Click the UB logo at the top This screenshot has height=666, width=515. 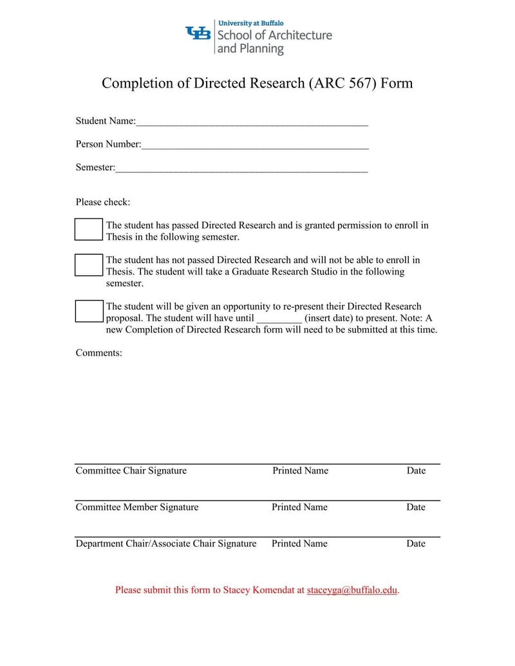coord(198,33)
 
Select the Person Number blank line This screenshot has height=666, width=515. coord(255,145)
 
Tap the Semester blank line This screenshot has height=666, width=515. coord(241,168)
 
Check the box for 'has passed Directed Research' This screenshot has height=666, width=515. coord(89,229)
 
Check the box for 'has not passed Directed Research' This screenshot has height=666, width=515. coord(89,264)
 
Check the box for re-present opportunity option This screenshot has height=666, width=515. coord(89,311)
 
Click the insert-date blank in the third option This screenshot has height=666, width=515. coord(279,319)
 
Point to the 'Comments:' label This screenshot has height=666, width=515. coord(99,353)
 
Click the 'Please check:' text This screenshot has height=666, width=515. coord(103,202)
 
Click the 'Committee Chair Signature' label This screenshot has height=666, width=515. coord(131,470)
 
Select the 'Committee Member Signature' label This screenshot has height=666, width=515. coord(137,507)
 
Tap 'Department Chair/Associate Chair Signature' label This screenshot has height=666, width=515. coord(166,544)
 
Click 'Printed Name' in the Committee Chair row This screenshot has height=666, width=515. coord(300,470)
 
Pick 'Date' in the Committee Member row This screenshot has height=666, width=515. coord(416,507)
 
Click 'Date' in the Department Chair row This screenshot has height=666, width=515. coord(416,544)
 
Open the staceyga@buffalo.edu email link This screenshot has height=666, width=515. coord(352,589)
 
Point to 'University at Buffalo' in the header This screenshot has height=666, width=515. coord(251,23)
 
